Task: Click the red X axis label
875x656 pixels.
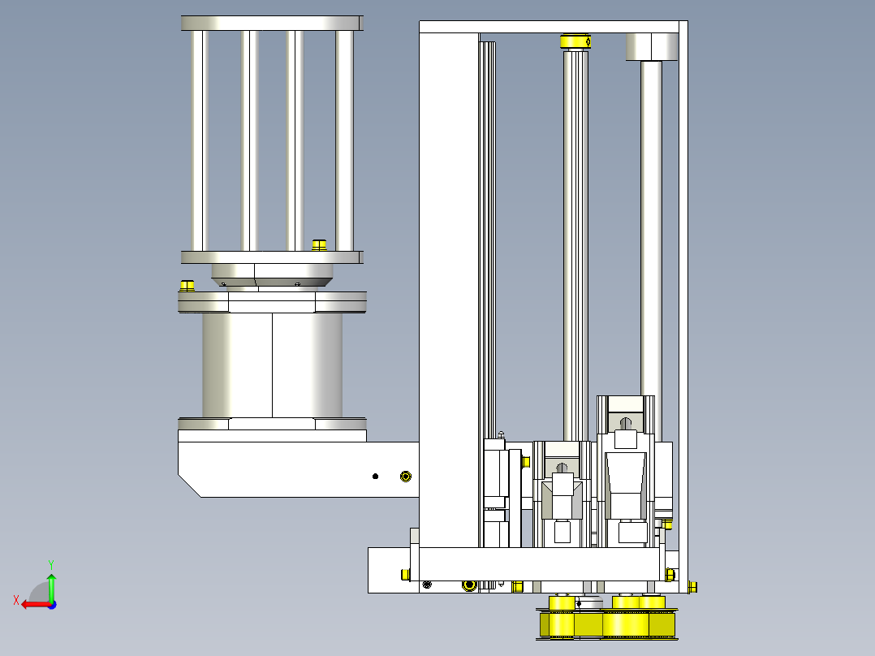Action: [16, 600]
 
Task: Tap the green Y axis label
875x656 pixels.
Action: [51, 564]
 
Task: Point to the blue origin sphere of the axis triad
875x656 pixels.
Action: [52, 605]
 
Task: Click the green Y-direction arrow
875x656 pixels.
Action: [51, 587]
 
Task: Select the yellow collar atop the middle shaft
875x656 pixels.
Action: [576, 41]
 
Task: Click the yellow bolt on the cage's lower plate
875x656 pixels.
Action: [319, 245]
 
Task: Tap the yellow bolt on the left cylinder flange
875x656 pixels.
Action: [187, 286]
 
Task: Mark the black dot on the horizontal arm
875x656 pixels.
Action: [375, 477]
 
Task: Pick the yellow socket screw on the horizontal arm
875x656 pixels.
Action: [406, 477]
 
